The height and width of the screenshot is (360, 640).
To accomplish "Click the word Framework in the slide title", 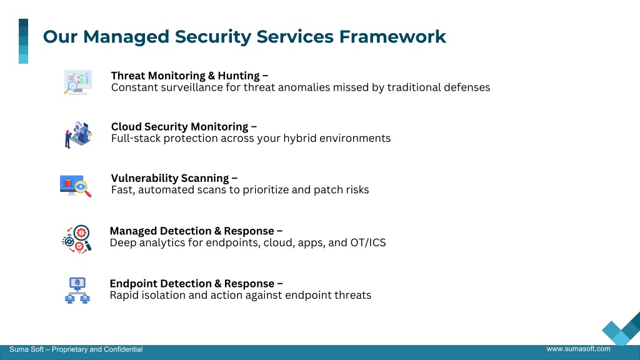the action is [x=392, y=36].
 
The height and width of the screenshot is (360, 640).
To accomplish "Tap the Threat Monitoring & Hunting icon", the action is [x=77, y=82].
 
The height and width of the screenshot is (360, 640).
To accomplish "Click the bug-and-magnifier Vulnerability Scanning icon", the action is [x=76, y=186].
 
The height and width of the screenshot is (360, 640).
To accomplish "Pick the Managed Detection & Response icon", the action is [x=76, y=239].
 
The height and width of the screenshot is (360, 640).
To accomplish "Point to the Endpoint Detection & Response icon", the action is [x=77, y=291].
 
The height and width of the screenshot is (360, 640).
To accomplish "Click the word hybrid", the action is [x=300, y=138].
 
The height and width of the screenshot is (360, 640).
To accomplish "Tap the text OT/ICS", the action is [x=368, y=243].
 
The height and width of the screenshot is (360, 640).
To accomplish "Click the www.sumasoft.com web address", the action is [x=578, y=349].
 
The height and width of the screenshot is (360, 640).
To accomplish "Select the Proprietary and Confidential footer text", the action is [x=97, y=349].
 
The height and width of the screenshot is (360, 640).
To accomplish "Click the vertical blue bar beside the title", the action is [x=23, y=41].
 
